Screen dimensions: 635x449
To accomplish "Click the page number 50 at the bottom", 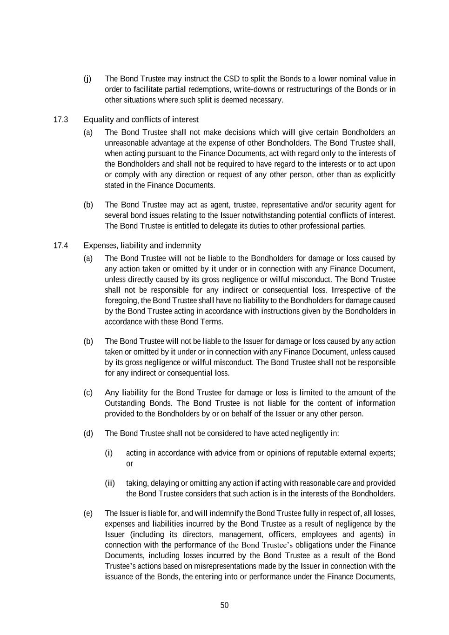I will [224, 605].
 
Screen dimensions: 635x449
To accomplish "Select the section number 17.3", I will [61, 120].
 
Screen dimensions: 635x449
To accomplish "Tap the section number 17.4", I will [61, 246].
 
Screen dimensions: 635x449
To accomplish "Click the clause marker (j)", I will [87, 79].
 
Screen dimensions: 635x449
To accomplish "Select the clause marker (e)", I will [88, 513].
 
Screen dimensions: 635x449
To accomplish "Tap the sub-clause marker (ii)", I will [109, 483].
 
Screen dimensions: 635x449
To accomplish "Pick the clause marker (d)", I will [88, 434].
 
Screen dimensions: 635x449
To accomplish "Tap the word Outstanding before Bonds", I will [125, 403].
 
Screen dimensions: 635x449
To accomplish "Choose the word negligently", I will [309, 434].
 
